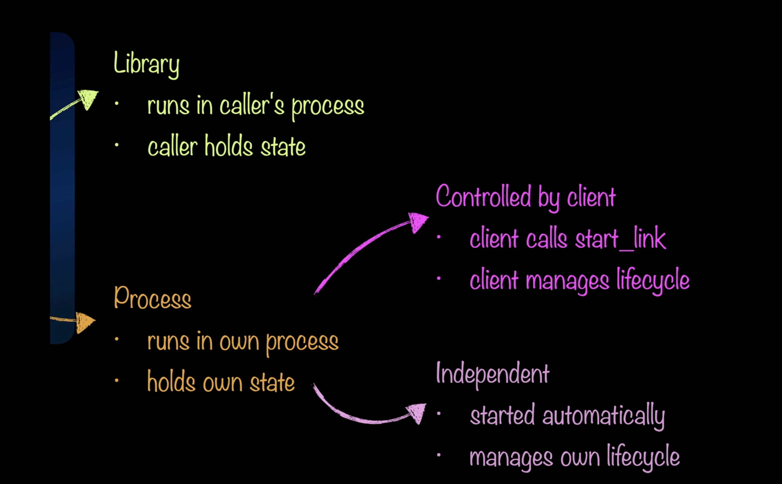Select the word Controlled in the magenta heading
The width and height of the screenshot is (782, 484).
click(483, 196)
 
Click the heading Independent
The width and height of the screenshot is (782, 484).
click(492, 373)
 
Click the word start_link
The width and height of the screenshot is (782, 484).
click(620, 239)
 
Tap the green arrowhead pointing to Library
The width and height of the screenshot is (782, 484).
click(88, 99)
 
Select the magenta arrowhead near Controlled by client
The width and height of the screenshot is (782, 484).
click(418, 221)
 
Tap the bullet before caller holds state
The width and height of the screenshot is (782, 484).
click(116, 145)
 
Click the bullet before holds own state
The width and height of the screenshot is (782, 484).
click(116, 380)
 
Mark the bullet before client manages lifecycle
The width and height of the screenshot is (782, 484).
click(438, 279)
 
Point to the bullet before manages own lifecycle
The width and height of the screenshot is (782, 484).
click(438, 455)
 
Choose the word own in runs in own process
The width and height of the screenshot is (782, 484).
click(239, 342)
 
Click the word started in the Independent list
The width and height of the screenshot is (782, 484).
click(502, 415)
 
